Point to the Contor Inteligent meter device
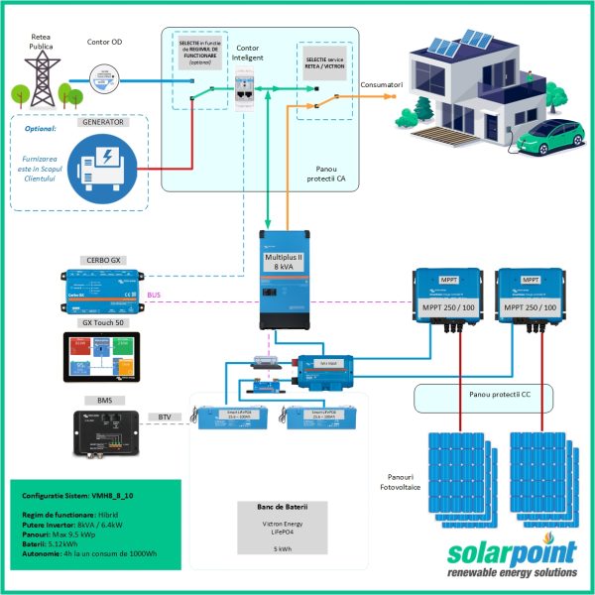[x=248, y=92]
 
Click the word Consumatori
[x=382, y=85]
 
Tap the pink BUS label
[x=153, y=296]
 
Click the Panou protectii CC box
[x=499, y=394]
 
